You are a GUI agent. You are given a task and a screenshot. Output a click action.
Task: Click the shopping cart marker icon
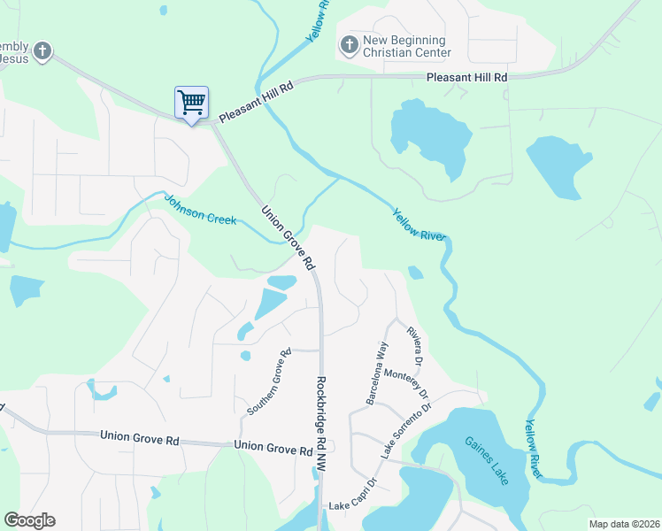[x=191, y=104]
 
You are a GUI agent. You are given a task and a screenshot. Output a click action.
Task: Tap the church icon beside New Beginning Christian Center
[x=349, y=43]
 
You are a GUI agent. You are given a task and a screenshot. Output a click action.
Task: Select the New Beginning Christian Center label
[x=405, y=46]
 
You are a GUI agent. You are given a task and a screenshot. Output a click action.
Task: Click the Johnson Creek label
[x=202, y=209]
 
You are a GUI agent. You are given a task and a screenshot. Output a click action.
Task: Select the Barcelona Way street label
[x=376, y=372]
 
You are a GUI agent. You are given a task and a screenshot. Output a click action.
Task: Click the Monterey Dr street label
[x=408, y=386]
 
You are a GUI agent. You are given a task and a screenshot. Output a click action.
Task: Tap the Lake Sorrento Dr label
[x=405, y=430]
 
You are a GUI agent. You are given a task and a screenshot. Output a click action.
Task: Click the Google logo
[x=29, y=520]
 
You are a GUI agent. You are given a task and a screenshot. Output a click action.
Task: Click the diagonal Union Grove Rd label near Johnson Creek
[x=288, y=238]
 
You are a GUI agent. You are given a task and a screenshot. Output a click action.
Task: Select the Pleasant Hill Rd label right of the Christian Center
[x=466, y=78]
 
